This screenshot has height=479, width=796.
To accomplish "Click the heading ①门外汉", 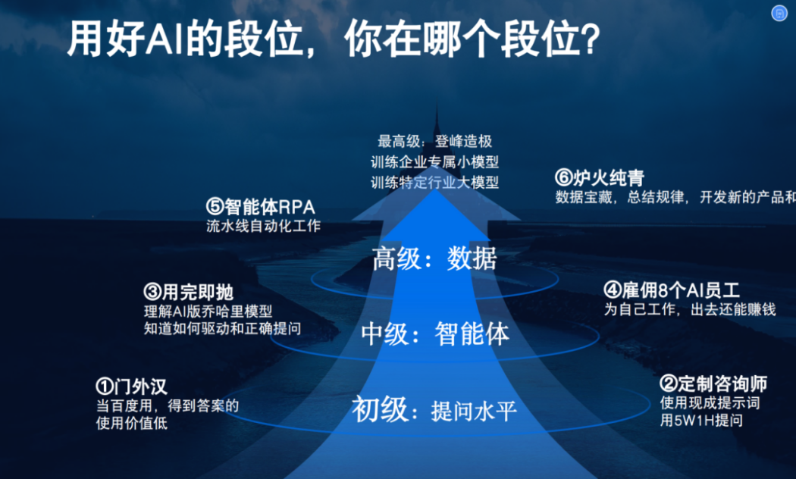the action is [x=131, y=387].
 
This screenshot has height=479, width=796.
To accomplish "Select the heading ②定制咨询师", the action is [x=713, y=384].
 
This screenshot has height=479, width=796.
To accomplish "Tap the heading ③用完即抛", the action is [x=188, y=293].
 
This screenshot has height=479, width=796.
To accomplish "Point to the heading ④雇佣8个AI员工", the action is [x=672, y=290].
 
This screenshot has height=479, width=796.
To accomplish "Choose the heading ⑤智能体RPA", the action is [x=261, y=206].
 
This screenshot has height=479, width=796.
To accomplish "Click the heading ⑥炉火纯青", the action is [x=600, y=177].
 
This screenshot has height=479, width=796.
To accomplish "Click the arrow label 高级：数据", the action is [x=434, y=258].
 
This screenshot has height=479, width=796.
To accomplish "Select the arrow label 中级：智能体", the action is [x=435, y=334].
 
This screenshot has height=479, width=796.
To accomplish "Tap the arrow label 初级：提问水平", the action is [x=434, y=410].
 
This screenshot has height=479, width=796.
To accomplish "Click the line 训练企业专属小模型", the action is [x=434, y=162].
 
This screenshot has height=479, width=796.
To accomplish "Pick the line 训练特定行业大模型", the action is [x=434, y=182].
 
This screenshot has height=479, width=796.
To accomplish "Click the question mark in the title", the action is [x=590, y=39].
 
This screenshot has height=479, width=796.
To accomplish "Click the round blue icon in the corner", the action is [x=779, y=13].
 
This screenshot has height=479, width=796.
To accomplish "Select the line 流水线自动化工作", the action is [x=264, y=226].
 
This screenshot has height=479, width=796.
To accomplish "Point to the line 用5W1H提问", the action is [x=701, y=420].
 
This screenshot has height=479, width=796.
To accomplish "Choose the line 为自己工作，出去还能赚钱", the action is [x=690, y=309].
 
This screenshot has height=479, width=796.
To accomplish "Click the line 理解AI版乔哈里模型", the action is [x=208, y=311].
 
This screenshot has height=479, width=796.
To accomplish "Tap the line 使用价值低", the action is [x=131, y=423].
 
